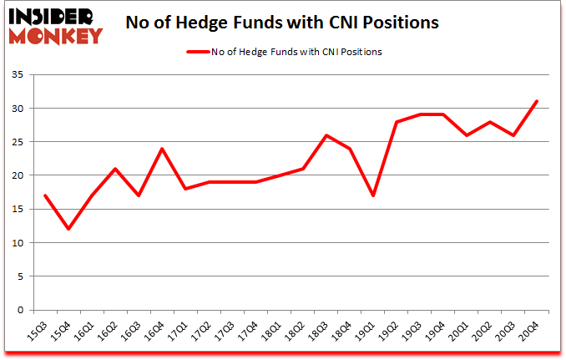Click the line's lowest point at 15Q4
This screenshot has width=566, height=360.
click(68, 229)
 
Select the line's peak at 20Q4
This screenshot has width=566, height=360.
click(537, 102)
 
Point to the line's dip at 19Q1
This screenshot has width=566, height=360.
click(372, 195)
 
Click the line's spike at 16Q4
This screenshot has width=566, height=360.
click(161, 149)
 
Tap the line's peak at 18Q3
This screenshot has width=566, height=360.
click(326, 135)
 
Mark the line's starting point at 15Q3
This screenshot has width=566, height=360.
click(44, 195)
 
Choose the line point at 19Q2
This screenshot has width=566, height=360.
click(396, 122)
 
